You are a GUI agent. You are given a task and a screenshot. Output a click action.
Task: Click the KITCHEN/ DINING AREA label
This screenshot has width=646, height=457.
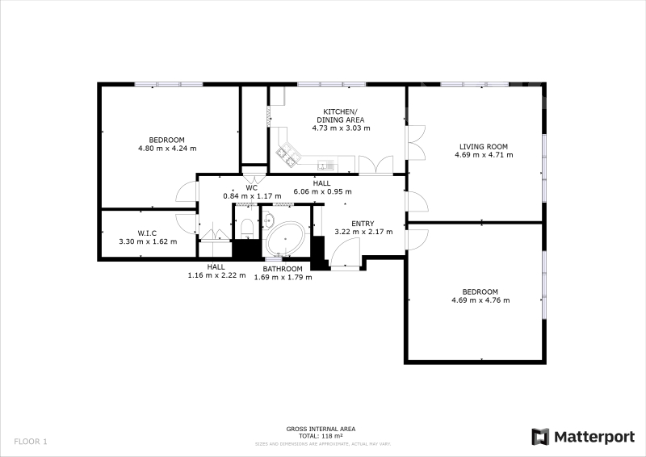341,115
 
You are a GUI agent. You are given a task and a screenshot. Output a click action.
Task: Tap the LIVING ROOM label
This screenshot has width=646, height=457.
484,147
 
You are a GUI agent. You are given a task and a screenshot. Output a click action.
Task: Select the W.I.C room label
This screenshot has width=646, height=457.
147,233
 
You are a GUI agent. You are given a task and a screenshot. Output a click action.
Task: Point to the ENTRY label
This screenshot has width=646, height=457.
363,224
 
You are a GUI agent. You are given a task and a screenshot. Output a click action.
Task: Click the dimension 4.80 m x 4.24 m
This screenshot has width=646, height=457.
167,149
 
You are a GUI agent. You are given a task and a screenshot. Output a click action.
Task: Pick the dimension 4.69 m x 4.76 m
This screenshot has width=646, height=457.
480,300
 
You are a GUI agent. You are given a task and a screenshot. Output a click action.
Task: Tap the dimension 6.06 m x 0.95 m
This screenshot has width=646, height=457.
322,191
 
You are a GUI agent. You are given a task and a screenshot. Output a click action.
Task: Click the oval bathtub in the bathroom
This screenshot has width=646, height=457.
285,240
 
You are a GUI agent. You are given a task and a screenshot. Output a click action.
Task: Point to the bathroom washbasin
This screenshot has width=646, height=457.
268,220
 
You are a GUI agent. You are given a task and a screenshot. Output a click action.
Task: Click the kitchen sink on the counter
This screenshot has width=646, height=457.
328,166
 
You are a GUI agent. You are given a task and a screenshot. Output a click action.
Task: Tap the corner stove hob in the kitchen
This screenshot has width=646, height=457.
288,154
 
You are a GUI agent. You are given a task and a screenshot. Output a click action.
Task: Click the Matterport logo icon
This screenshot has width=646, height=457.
540,437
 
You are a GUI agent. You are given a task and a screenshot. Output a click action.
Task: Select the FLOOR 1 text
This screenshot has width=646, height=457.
31,442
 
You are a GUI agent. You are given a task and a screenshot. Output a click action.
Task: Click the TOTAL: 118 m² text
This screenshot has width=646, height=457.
321,436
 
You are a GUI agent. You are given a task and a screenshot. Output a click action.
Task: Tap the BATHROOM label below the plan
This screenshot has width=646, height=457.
283,269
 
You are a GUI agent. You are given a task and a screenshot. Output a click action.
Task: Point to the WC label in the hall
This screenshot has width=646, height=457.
252,188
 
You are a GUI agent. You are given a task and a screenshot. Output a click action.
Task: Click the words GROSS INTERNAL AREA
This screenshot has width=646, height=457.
321,429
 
